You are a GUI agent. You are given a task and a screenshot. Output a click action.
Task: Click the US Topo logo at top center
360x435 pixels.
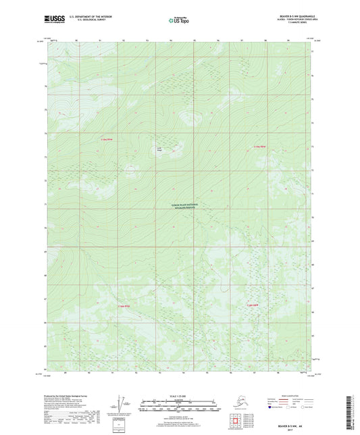click(177, 20)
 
